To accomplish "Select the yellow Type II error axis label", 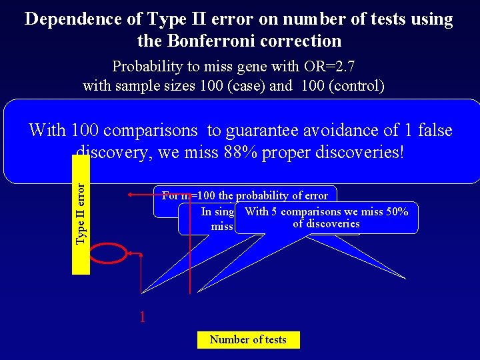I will [81, 214].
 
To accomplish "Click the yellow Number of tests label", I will [248, 340].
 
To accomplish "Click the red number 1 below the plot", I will [142, 317].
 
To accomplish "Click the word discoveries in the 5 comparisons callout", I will [327, 224].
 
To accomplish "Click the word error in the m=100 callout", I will [315, 196].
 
